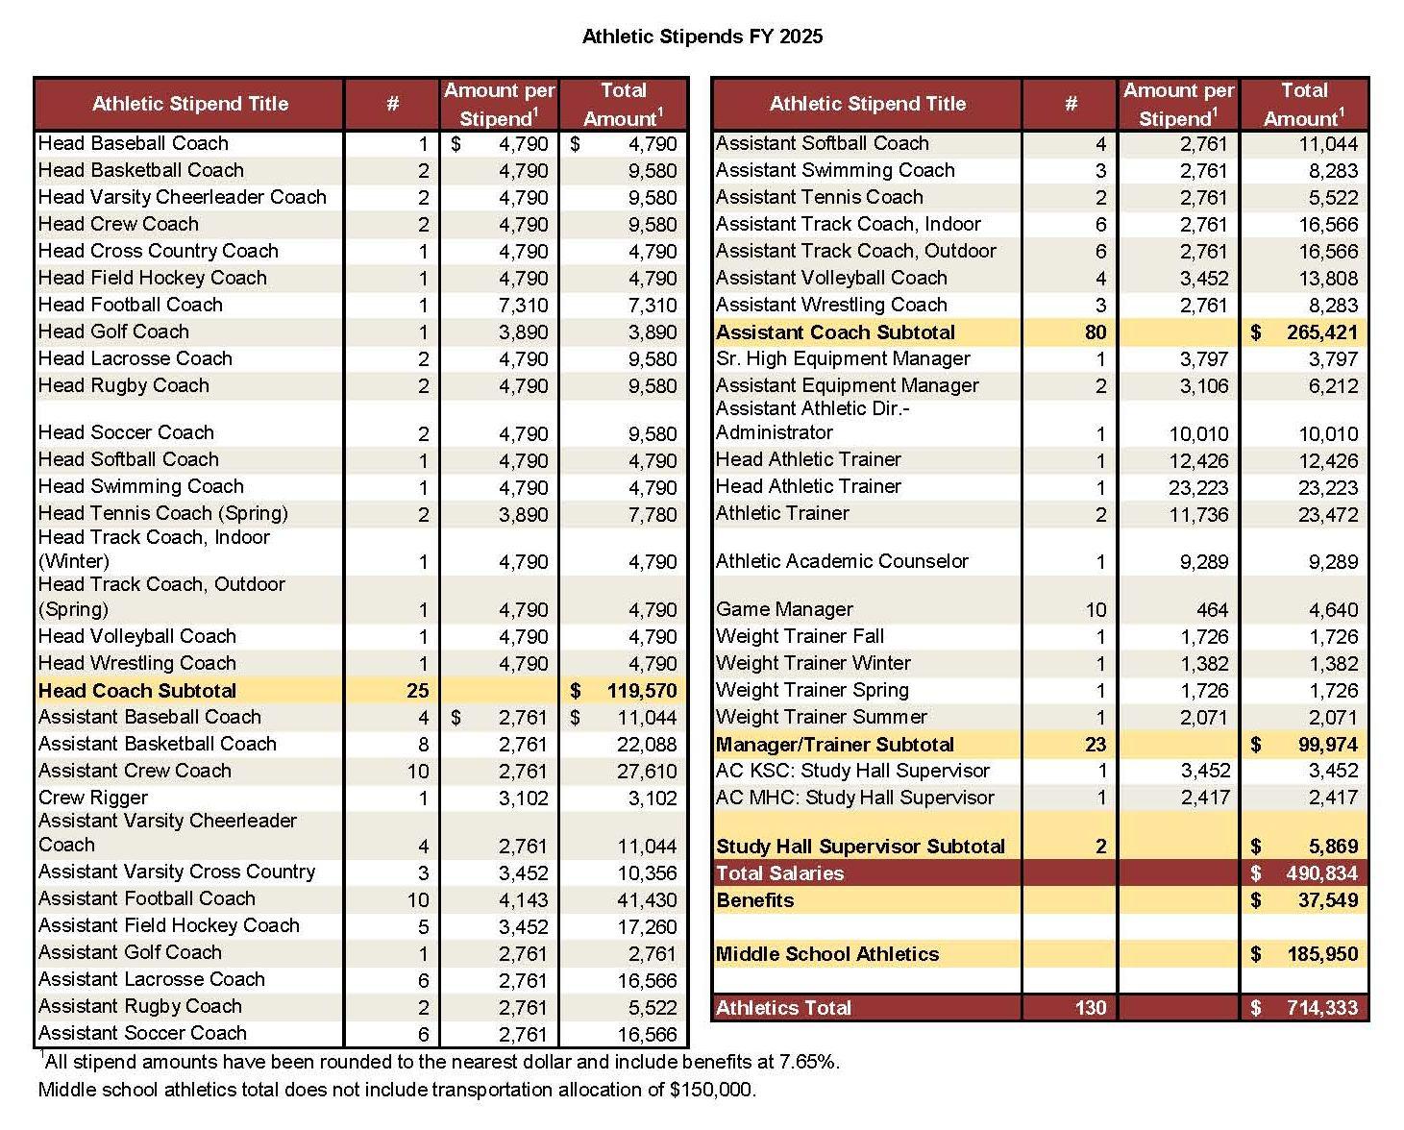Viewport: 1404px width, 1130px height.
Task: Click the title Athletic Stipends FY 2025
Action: pos(702,37)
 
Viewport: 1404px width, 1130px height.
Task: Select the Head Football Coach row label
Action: pos(131,305)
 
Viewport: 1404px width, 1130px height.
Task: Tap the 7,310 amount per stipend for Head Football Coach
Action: pos(523,306)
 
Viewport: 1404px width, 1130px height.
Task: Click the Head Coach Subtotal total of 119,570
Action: pos(641,691)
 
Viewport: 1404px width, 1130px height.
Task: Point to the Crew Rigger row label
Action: pos(93,798)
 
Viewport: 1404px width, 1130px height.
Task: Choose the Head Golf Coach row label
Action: pos(113,332)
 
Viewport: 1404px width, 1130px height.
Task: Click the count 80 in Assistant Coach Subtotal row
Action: pos(1096,332)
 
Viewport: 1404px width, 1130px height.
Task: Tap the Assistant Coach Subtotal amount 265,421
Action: pos(1321,332)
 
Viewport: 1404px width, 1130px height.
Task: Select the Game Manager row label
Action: pos(784,609)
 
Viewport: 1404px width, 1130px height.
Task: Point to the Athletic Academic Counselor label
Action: pos(842,561)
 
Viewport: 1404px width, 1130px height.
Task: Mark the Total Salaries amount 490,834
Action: pos(1321,873)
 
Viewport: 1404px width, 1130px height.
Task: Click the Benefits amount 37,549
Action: pos(1327,900)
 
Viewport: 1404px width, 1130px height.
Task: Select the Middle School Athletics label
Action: pos(827,954)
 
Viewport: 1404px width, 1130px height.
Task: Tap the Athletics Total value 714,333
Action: pos(1321,1008)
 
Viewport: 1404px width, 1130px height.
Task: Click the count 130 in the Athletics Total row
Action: pos(1090,1008)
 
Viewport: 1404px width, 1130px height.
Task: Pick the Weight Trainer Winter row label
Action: pos(813,663)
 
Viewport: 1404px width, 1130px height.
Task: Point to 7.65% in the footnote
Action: pos(808,1062)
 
